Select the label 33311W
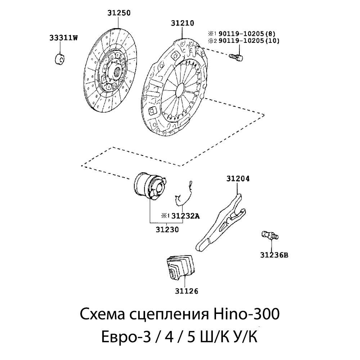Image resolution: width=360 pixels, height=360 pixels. pyautogui.click(x=63, y=38)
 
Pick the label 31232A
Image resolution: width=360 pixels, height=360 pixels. pyautogui.click(x=185, y=216)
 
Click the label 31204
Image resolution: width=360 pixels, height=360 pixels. pyautogui.click(x=238, y=178)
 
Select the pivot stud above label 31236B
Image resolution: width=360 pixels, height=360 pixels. pyautogui.click(x=270, y=235)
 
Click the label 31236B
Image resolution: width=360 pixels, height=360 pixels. pyautogui.click(x=274, y=255)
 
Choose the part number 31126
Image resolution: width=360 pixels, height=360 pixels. pyautogui.click(x=186, y=291)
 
